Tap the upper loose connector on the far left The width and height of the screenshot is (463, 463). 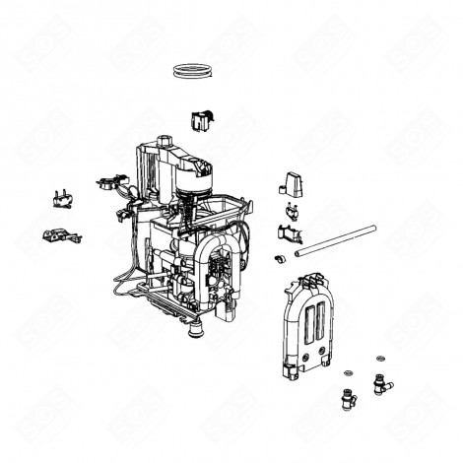tap(62, 198)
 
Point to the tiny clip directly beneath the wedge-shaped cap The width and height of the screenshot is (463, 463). tap(293, 210)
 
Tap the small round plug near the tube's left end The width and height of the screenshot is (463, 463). tap(280, 258)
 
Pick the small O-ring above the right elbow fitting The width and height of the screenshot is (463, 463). tap(378, 356)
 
